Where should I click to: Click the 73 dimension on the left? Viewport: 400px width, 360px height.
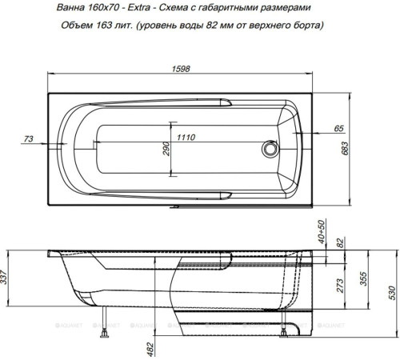pyautogui.click(x=28, y=138)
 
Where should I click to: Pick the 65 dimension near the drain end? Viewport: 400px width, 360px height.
pyautogui.click(x=338, y=128)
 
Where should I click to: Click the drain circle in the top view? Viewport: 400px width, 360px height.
pyautogui.click(x=270, y=148)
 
